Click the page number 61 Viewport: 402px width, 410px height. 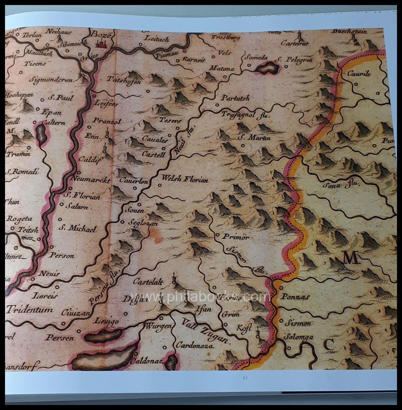click(x=245, y=377)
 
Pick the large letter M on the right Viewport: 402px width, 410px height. click(x=350, y=258)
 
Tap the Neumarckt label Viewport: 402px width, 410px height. click(x=91, y=179)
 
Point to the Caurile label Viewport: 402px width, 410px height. click(x=359, y=74)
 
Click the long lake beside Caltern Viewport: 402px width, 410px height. click(x=41, y=135)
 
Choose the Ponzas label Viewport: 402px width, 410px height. click(x=294, y=297)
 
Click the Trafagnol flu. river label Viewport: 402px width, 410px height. click(x=245, y=114)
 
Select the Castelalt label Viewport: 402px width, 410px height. click(x=148, y=282)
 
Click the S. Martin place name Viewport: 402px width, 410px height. click(x=254, y=137)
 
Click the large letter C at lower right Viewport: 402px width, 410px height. click(x=329, y=345)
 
